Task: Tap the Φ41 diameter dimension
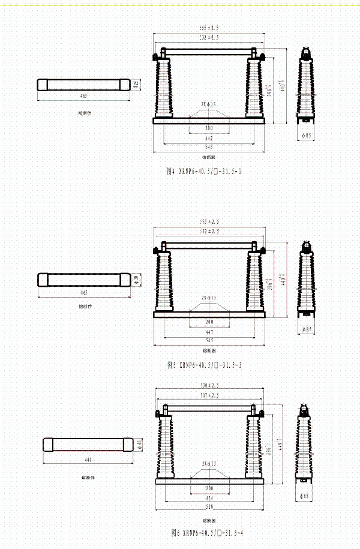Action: (x=139, y=445)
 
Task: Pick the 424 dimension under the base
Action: (x=209, y=497)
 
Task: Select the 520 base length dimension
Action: (x=209, y=508)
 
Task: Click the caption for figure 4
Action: (x=203, y=171)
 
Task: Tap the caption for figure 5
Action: (x=203, y=365)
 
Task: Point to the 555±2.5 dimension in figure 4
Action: (x=209, y=28)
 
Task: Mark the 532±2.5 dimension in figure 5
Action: (x=209, y=231)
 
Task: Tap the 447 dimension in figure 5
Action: (x=209, y=332)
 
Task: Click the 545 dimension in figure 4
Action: (x=209, y=146)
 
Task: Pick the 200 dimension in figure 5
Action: (x=209, y=322)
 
